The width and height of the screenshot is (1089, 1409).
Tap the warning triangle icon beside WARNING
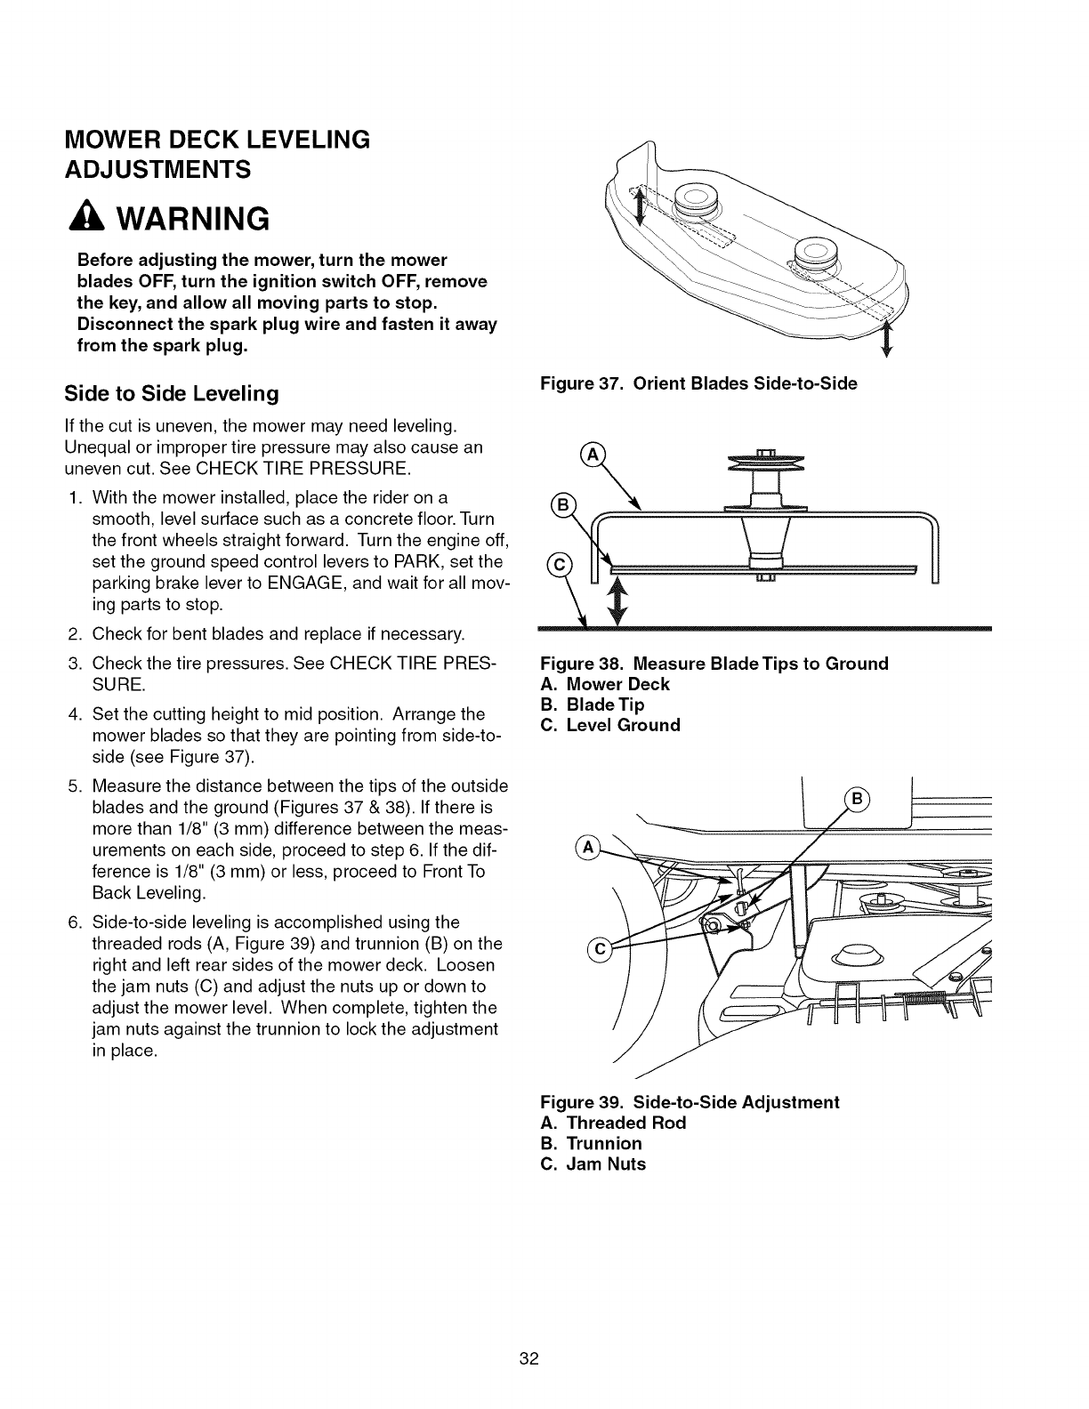90,218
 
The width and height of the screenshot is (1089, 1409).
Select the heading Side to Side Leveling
169,393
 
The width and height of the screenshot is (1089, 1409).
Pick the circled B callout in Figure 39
859,797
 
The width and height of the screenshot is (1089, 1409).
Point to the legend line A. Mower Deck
605,684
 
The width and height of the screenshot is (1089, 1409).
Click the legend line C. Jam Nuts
593,1163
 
